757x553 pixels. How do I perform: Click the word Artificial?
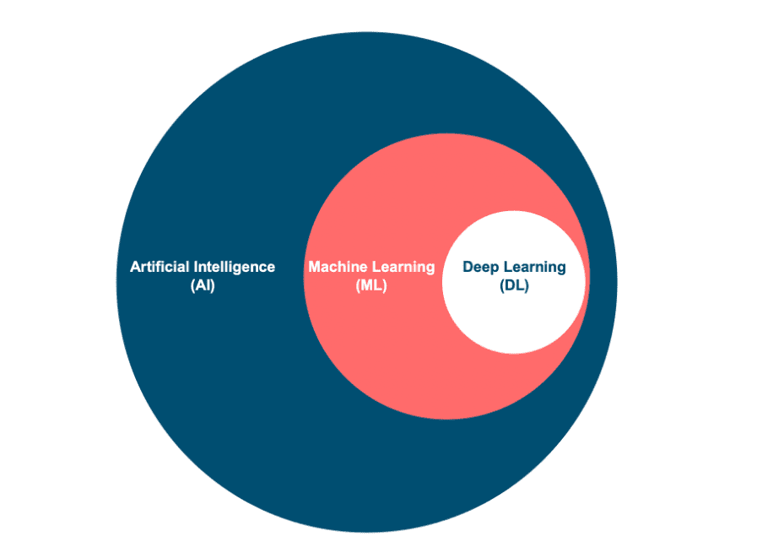(x=160, y=267)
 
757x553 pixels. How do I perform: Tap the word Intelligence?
(x=233, y=267)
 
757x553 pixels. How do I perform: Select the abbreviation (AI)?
(x=203, y=285)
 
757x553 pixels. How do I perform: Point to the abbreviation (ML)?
(x=371, y=285)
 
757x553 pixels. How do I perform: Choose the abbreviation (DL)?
(x=514, y=285)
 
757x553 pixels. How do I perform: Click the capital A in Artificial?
(x=135, y=267)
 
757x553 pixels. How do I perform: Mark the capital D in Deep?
(x=468, y=267)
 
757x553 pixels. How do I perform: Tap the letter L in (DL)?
(x=520, y=285)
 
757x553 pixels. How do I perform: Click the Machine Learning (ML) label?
(x=371, y=276)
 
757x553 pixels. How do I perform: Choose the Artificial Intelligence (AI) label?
(x=203, y=276)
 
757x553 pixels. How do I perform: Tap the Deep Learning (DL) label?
(x=514, y=276)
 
